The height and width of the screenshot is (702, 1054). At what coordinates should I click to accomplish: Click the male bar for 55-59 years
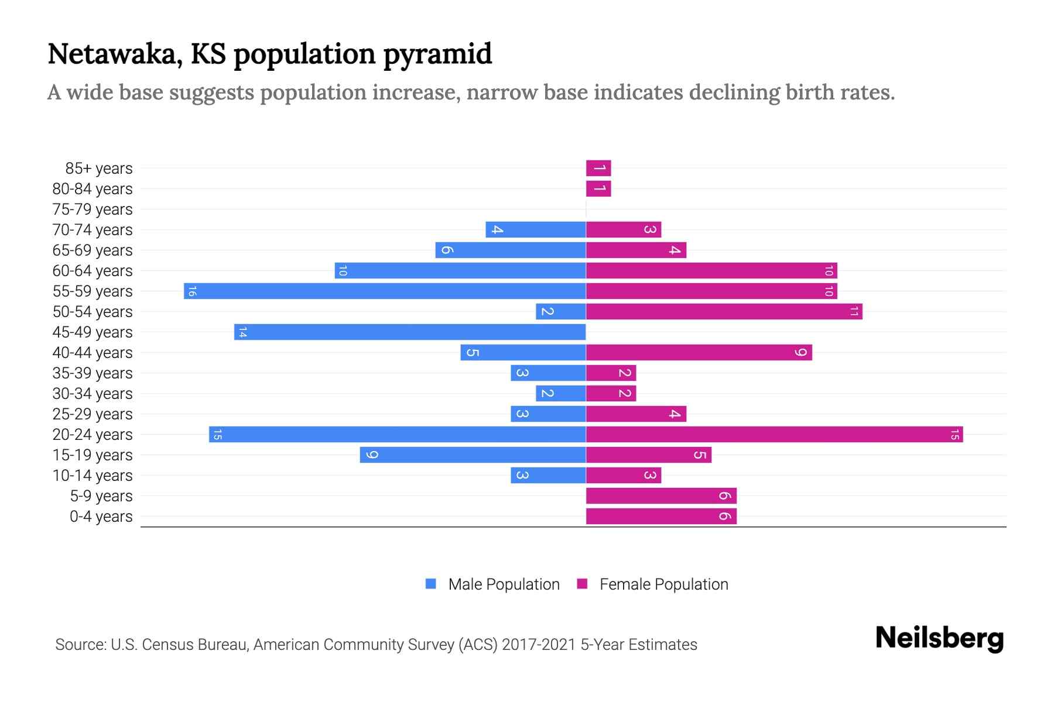pyautogui.click(x=385, y=291)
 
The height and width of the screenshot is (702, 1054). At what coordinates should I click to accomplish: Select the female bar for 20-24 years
pyautogui.click(x=774, y=434)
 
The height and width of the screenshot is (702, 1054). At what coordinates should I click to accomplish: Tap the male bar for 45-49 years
pyautogui.click(x=410, y=332)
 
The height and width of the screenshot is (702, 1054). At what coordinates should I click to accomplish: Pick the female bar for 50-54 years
pyautogui.click(x=724, y=311)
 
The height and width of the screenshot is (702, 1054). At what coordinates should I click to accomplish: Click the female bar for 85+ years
pyautogui.click(x=598, y=168)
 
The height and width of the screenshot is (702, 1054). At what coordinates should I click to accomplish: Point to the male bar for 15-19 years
pyautogui.click(x=473, y=455)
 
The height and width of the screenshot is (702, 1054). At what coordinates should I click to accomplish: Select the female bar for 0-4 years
pyautogui.click(x=661, y=516)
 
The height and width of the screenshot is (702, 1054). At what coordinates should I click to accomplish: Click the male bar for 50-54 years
pyautogui.click(x=560, y=311)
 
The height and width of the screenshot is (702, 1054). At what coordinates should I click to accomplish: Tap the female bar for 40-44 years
pyautogui.click(x=699, y=352)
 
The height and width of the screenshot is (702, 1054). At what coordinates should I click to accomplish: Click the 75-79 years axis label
pyautogui.click(x=93, y=209)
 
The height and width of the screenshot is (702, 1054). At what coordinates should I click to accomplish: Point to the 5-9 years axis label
pyautogui.click(x=101, y=496)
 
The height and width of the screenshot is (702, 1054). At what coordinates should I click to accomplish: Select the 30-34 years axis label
pyautogui.click(x=93, y=394)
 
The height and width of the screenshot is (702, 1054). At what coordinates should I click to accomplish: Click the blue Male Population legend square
pyautogui.click(x=431, y=584)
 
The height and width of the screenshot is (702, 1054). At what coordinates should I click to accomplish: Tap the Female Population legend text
pyautogui.click(x=663, y=584)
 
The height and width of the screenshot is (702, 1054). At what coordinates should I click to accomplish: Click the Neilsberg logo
pyautogui.click(x=939, y=638)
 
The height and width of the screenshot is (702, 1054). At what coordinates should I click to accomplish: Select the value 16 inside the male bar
pyautogui.click(x=192, y=291)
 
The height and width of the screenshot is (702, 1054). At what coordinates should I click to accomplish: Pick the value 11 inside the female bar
pyautogui.click(x=854, y=311)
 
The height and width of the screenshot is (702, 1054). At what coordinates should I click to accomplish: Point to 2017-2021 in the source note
pyautogui.click(x=539, y=645)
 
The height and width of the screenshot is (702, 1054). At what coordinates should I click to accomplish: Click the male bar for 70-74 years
pyautogui.click(x=535, y=229)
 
